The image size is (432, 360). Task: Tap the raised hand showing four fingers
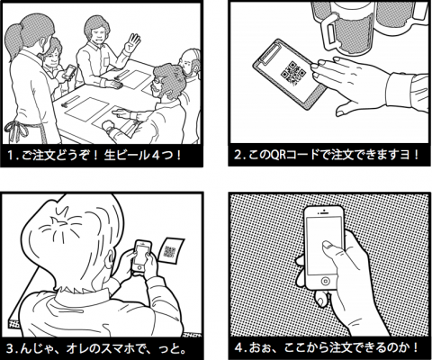(132, 43)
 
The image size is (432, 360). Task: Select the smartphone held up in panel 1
(69, 72)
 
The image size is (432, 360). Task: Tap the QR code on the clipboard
(292, 73)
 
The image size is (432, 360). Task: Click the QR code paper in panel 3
(171, 251)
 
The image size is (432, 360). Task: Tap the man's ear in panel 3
(112, 257)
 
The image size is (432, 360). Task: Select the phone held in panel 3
(141, 256)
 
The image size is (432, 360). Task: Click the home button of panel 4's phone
(325, 281)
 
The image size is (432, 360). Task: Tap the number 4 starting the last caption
(238, 348)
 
